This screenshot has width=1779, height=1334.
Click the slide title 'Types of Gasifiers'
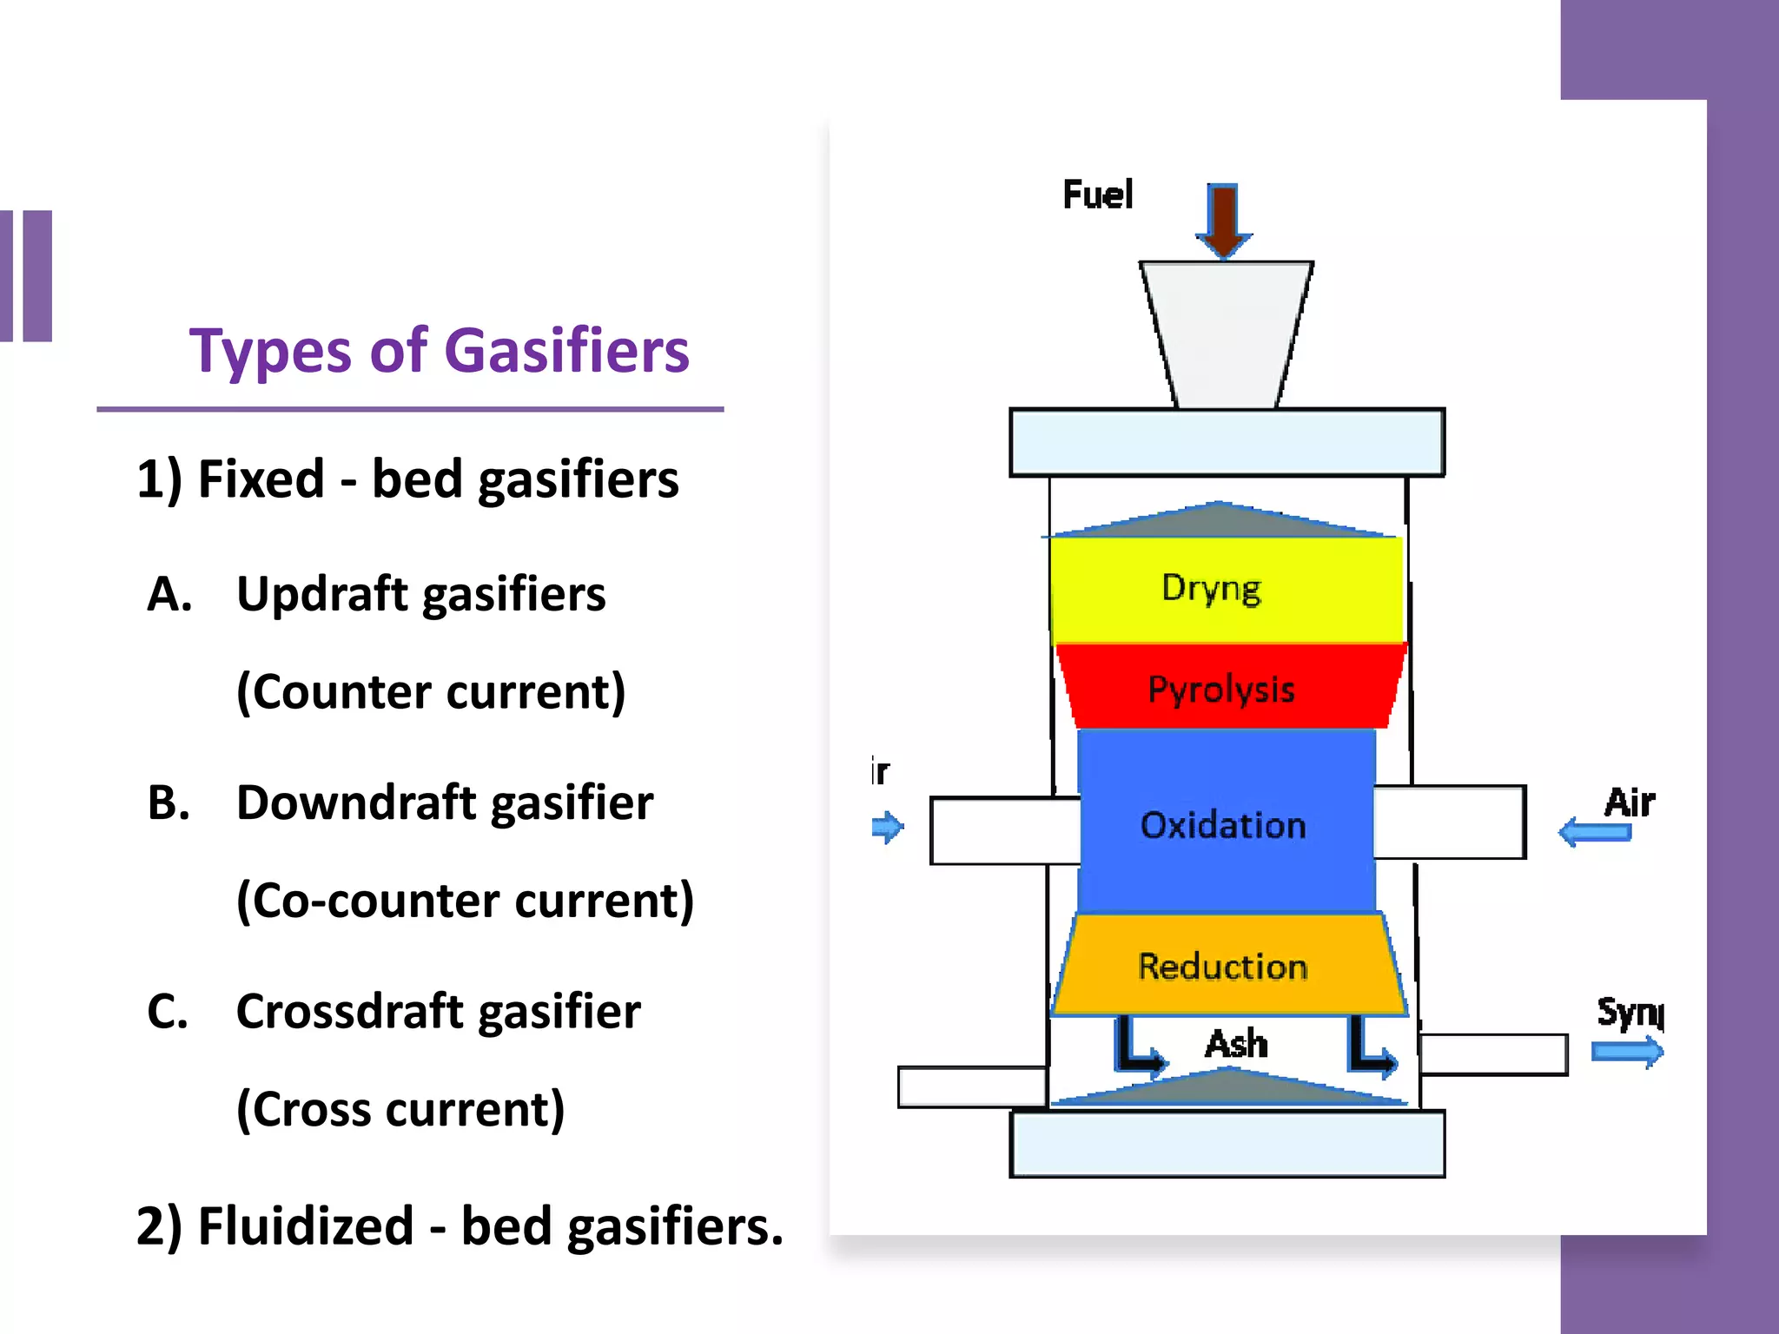[x=439, y=351]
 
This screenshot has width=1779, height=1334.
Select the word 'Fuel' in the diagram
[x=1098, y=195]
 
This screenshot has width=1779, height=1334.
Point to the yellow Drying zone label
[x=1211, y=589]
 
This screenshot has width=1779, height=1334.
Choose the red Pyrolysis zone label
[x=1221, y=690]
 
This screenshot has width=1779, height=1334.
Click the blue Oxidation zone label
[x=1223, y=825]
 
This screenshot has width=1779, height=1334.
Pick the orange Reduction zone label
[x=1223, y=967]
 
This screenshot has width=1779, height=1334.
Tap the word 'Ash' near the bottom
[x=1236, y=1043]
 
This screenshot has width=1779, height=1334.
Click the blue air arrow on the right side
[x=1595, y=832]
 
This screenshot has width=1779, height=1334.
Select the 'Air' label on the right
[x=1630, y=802]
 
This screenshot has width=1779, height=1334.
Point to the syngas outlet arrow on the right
[x=1627, y=1052]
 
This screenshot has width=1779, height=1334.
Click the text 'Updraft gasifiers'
[x=421, y=595]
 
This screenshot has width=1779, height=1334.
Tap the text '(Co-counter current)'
[x=466, y=901]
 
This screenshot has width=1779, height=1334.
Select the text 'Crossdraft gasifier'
[x=439, y=1012]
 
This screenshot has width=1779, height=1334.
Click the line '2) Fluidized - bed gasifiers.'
[x=460, y=1226]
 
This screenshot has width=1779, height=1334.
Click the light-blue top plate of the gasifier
[x=1227, y=442]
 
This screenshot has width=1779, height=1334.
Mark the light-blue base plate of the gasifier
[x=1227, y=1144]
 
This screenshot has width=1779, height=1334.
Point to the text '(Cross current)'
[x=400, y=1109]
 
